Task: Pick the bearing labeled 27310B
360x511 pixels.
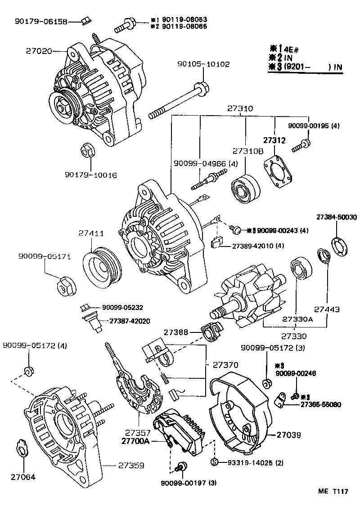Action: (x=246, y=188)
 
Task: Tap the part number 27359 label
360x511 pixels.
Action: (x=131, y=465)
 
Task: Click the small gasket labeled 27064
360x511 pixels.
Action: (x=22, y=450)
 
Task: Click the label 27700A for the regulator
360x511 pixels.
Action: (x=135, y=441)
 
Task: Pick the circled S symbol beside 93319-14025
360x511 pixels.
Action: (x=215, y=462)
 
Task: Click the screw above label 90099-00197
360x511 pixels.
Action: (x=182, y=467)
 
